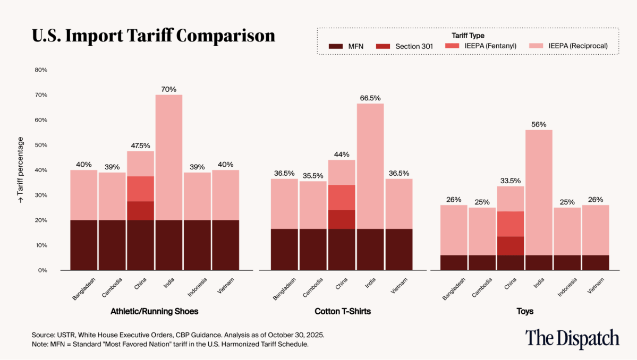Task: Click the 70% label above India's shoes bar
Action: pyautogui.click(x=168, y=89)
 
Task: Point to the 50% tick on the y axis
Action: pyautogui.click(x=41, y=145)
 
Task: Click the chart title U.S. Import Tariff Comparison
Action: pyautogui.click(x=154, y=36)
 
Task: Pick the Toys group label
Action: pyautogui.click(x=524, y=311)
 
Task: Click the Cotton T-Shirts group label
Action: pyautogui.click(x=342, y=311)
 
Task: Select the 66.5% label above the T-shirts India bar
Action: pyautogui.click(x=370, y=98)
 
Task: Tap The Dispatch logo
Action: pyautogui.click(x=572, y=338)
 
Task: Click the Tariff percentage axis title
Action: pyautogui.click(x=21, y=170)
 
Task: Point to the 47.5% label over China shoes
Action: pyautogui.click(x=140, y=145)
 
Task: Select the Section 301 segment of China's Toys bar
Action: pyautogui.click(x=511, y=246)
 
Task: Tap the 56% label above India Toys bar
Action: pyautogui.click(x=539, y=124)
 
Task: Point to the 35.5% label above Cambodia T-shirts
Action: pyautogui.click(x=313, y=176)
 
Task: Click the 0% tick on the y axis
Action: pyautogui.click(x=43, y=270)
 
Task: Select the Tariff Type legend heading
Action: pyautogui.click(x=468, y=35)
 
